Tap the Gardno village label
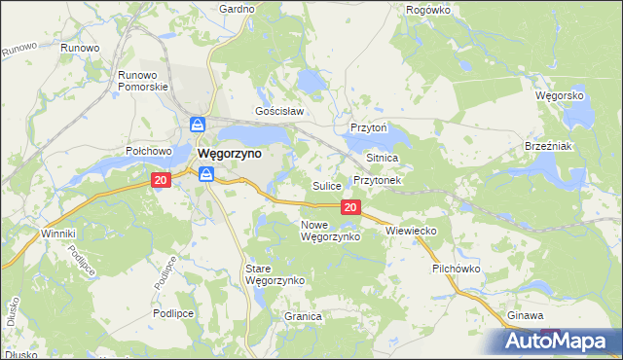(237, 9)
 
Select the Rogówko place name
(427, 9)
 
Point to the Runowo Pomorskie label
(143, 80)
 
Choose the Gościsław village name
(280, 111)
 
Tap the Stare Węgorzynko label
(275, 273)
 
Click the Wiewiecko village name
(411, 231)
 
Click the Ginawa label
(526, 316)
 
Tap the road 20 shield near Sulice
(351, 207)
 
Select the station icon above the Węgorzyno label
(198, 126)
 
